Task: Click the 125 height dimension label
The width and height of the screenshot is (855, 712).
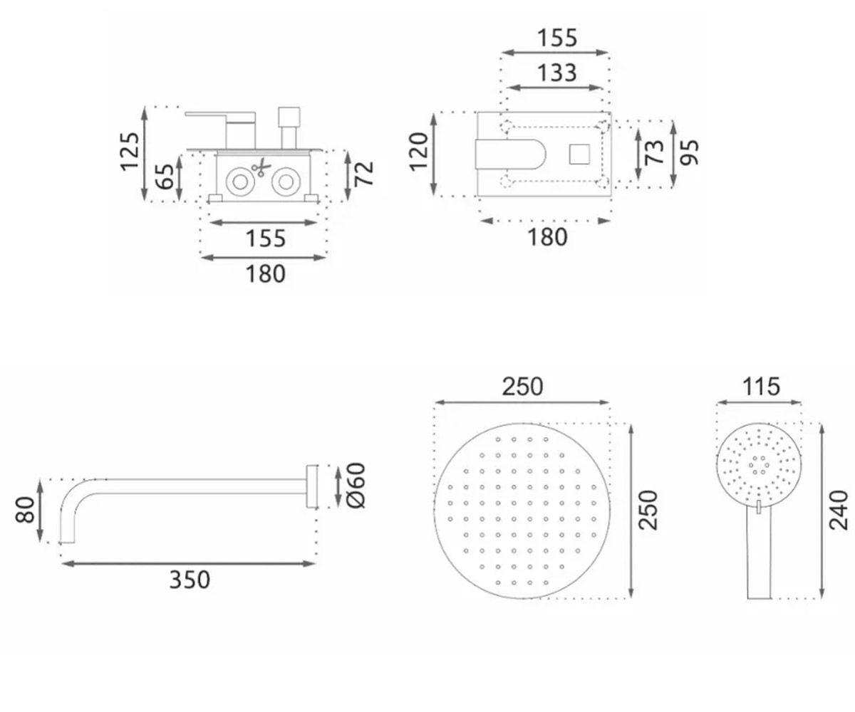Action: [130, 151]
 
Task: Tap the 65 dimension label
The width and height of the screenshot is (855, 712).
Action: [165, 177]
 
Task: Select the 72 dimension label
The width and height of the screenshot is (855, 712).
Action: [363, 174]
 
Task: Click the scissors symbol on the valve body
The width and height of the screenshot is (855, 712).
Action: [261, 167]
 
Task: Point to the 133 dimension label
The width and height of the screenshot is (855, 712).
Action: [557, 73]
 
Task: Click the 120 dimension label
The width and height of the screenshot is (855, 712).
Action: [418, 152]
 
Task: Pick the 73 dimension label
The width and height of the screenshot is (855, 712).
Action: [654, 152]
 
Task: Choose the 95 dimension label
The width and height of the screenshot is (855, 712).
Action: [689, 152]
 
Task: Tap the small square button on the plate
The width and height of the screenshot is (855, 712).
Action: [579, 155]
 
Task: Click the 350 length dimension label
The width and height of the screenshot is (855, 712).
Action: [190, 580]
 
